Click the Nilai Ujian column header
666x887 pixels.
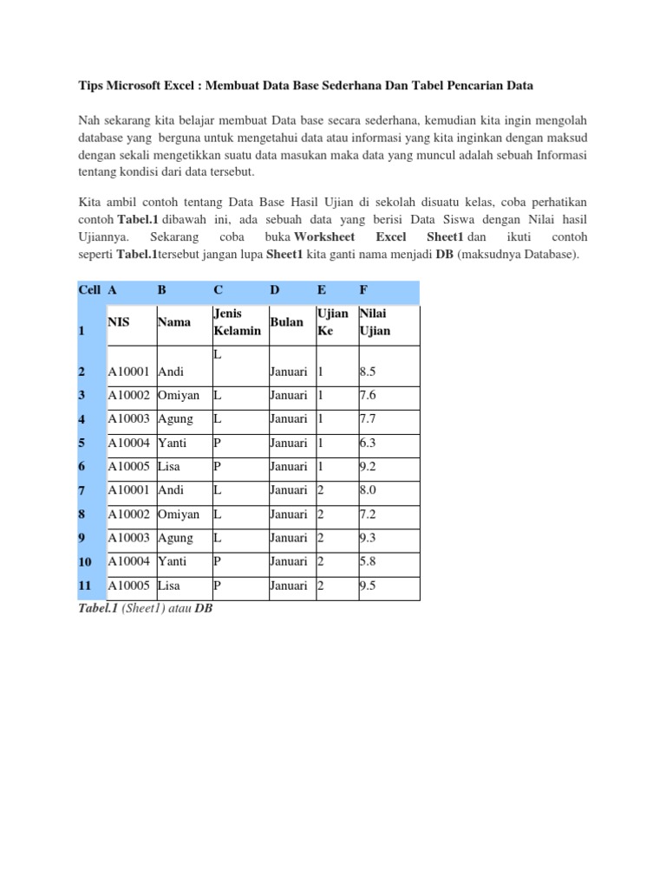tap(375, 322)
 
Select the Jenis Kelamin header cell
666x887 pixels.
tap(236, 322)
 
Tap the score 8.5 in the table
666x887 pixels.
tap(369, 372)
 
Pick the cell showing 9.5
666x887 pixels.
tap(369, 586)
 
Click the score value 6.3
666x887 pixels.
tap(369, 443)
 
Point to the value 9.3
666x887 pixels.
tap(369, 538)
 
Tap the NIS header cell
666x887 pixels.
tap(119, 322)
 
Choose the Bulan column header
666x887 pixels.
tap(286, 322)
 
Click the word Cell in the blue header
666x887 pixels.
tap(88, 289)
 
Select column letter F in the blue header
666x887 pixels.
tap(363, 289)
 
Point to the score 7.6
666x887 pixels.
tap(369, 395)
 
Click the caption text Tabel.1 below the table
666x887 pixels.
tap(96, 609)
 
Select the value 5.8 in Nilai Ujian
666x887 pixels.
tap(369, 561)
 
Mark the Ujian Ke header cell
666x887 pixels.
tap(333, 322)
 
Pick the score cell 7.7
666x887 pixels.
tap(369, 419)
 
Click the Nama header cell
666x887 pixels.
tap(174, 322)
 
